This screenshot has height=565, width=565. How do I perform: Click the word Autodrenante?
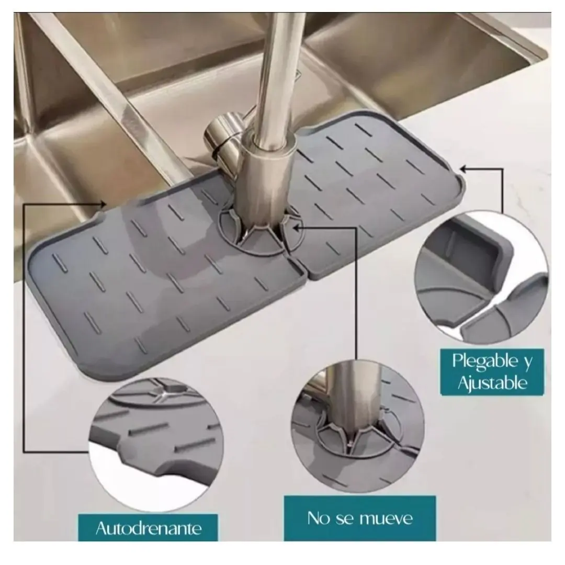[149, 528]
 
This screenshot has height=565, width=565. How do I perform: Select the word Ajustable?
[492, 382]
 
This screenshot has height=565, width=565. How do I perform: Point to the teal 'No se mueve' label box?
[359, 518]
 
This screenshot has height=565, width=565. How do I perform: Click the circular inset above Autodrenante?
[156, 444]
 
